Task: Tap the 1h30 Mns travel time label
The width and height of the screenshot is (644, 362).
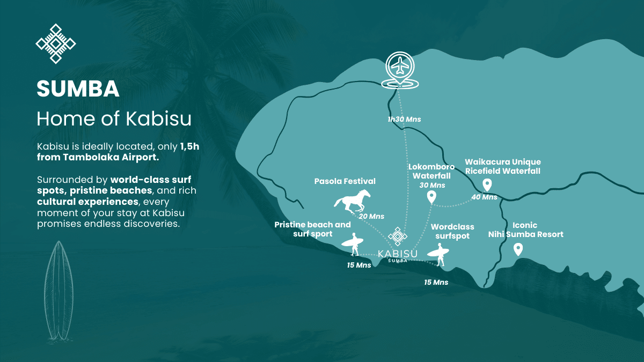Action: pyautogui.click(x=404, y=119)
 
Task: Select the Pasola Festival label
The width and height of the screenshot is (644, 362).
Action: pyautogui.click(x=345, y=181)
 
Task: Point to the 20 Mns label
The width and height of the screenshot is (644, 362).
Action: pyautogui.click(x=371, y=216)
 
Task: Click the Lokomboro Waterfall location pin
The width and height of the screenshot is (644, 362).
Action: pyautogui.click(x=431, y=198)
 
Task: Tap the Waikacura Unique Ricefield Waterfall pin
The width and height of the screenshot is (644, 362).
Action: pyautogui.click(x=487, y=185)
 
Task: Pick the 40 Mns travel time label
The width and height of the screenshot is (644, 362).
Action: pyautogui.click(x=484, y=197)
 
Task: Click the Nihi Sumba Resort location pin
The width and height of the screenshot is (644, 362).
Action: pyautogui.click(x=518, y=249)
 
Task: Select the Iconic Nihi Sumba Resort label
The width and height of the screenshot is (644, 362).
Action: pyautogui.click(x=525, y=230)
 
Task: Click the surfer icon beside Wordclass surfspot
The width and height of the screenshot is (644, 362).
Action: pyautogui.click(x=439, y=254)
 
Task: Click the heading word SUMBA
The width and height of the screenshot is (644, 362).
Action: pyautogui.click(x=78, y=89)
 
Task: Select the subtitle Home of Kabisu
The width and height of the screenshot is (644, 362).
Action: pyautogui.click(x=114, y=119)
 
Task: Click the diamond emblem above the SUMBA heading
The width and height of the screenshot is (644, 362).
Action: pyautogui.click(x=55, y=44)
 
